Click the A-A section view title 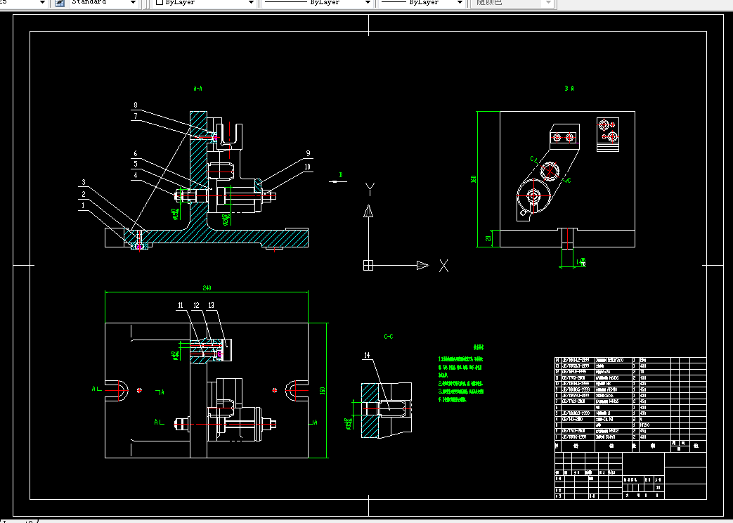coord(197,89)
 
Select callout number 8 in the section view coord(136,105)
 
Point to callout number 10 coord(307,167)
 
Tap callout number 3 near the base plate coord(83,182)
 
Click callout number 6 coord(136,153)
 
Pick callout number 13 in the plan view coord(211,305)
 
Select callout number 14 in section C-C coord(366,356)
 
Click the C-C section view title coord(388,337)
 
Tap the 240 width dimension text coord(207,288)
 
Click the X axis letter coord(443,266)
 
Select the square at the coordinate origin coord(367,265)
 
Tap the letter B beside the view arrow coord(340,174)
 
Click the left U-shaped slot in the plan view coord(118,389)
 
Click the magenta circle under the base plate coord(140,246)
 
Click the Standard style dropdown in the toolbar coord(103,3)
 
